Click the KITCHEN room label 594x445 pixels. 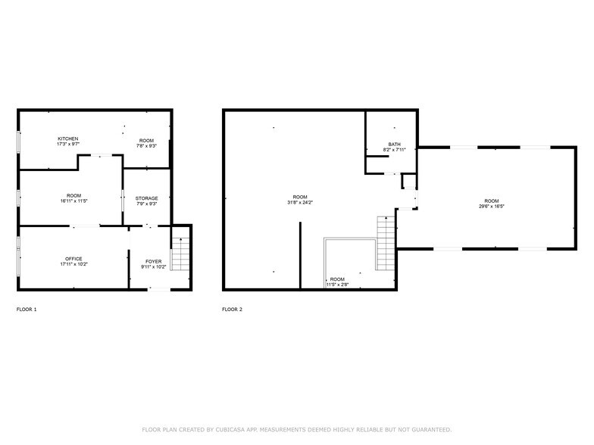[68, 138]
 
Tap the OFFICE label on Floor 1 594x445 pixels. [73, 259]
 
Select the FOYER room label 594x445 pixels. [153, 261]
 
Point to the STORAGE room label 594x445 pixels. [147, 198]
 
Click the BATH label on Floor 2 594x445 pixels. [394, 144]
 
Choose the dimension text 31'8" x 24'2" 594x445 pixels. [301, 202]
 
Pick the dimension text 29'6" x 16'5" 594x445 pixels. [492, 207]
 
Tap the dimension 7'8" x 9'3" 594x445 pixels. [146, 146]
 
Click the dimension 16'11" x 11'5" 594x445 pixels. [73, 201]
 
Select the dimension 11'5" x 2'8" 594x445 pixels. [337, 285]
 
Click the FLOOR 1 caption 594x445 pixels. [27, 310]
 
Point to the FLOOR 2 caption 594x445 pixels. [232, 310]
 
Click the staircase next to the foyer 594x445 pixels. [180, 254]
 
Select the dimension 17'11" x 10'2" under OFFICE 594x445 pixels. [73, 265]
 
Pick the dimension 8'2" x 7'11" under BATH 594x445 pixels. [394, 150]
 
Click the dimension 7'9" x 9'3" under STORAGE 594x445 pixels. [147, 204]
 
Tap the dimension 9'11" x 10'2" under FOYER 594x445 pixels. [153, 267]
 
